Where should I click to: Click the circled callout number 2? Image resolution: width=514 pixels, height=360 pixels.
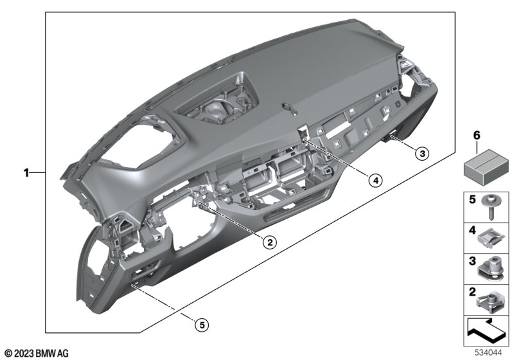[x=269, y=242]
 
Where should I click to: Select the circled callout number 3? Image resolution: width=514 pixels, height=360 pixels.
[x=422, y=153]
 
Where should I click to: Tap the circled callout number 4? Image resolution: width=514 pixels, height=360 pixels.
[x=375, y=180]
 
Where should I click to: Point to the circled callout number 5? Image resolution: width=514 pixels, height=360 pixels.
[x=202, y=325]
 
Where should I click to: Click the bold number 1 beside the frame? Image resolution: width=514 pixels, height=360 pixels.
[x=26, y=172]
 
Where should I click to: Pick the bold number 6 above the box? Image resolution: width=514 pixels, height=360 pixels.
[x=476, y=135]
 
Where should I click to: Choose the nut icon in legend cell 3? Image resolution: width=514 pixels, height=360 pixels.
[x=490, y=269]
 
